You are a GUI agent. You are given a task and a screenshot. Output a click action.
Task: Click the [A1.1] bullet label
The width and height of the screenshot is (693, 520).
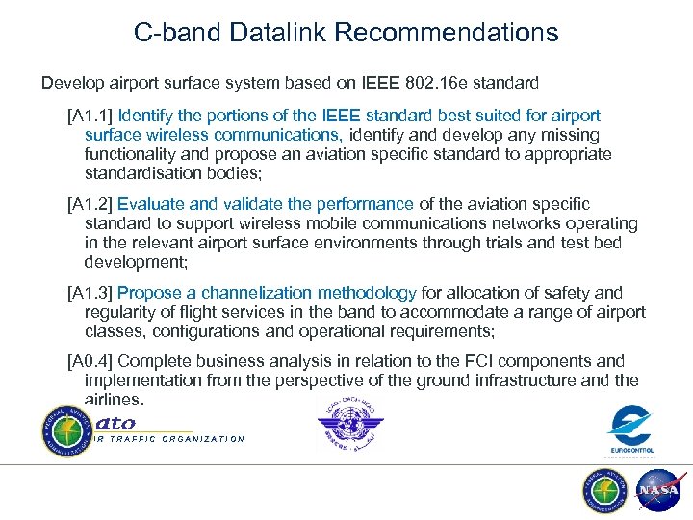tap(90, 117)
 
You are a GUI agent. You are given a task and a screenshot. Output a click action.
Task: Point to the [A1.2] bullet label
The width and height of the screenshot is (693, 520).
tap(90, 204)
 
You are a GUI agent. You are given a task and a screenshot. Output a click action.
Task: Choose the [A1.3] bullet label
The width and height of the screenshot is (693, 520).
tap(90, 292)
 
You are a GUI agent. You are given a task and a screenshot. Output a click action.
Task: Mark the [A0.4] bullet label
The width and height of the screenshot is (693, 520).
tap(90, 361)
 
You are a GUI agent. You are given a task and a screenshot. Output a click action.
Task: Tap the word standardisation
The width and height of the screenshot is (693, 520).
tap(144, 174)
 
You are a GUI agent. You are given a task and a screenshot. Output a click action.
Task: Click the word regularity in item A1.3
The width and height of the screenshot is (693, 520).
tap(122, 312)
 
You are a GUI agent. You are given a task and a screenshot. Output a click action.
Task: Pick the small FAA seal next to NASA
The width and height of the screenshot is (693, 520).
tap(605, 490)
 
